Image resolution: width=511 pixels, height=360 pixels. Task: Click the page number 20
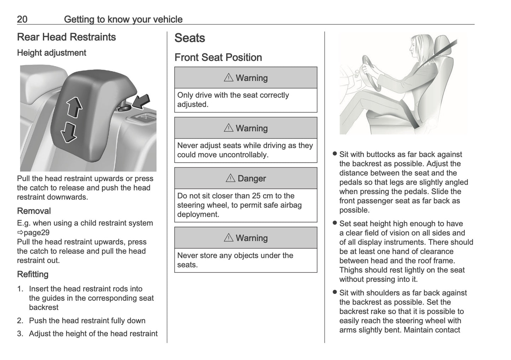click(22, 19)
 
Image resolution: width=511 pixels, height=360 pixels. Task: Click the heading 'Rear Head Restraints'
click(66, 37)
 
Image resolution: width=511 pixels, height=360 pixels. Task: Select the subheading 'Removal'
click(34, 211)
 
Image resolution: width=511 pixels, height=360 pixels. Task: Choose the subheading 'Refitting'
click(33, 274)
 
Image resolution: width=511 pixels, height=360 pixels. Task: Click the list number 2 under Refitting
click(20, 321)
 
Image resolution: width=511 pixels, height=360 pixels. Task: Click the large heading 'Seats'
click(190, 38)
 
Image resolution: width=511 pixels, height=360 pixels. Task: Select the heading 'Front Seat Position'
click(218, 58)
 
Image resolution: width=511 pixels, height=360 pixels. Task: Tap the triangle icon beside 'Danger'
click(230, 178)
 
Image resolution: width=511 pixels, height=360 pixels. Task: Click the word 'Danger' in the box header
click(252, 179)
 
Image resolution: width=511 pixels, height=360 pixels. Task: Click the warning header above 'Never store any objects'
click(246, 238)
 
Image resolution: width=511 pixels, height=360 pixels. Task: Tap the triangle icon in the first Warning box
click(228, 78)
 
